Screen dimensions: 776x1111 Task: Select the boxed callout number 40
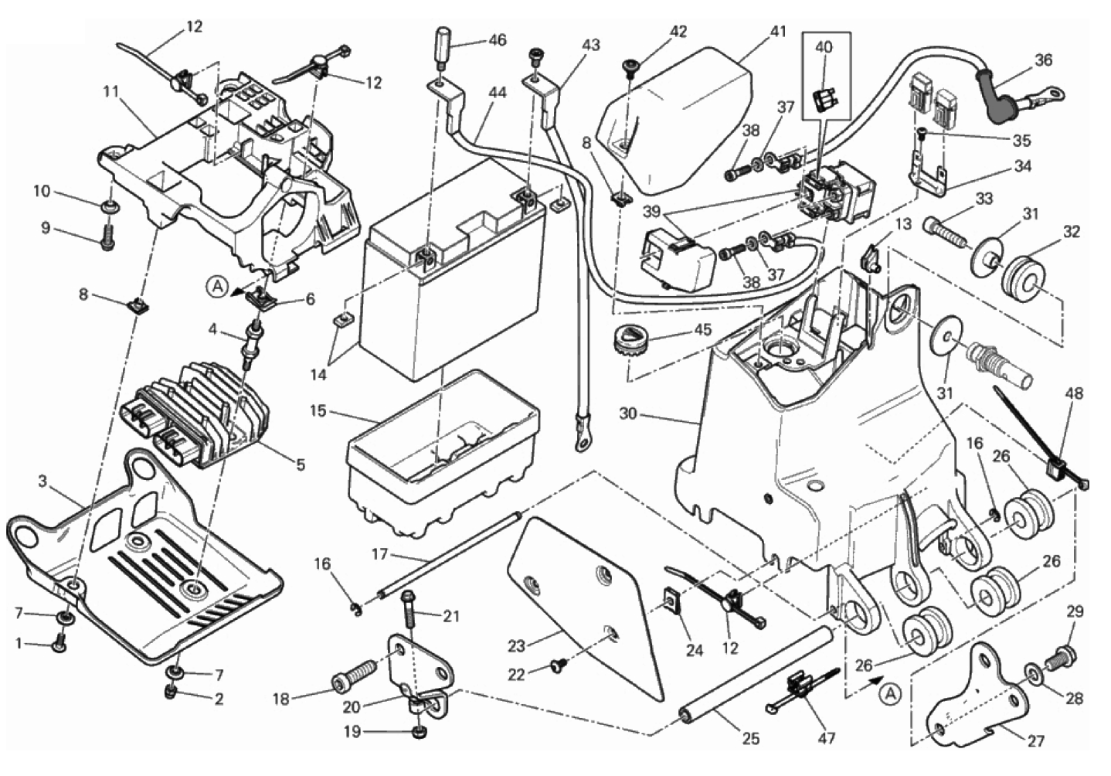tap(824, 47)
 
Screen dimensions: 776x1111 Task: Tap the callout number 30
tap(628, 414)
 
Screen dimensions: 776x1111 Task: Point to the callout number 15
tap(318, 410)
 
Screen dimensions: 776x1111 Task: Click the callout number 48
tap(1074, 393)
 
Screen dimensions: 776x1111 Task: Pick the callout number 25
tap(751, 738)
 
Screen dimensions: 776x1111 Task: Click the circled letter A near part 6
tap(218, 288)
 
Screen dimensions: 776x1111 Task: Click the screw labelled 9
tap(107, 237)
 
